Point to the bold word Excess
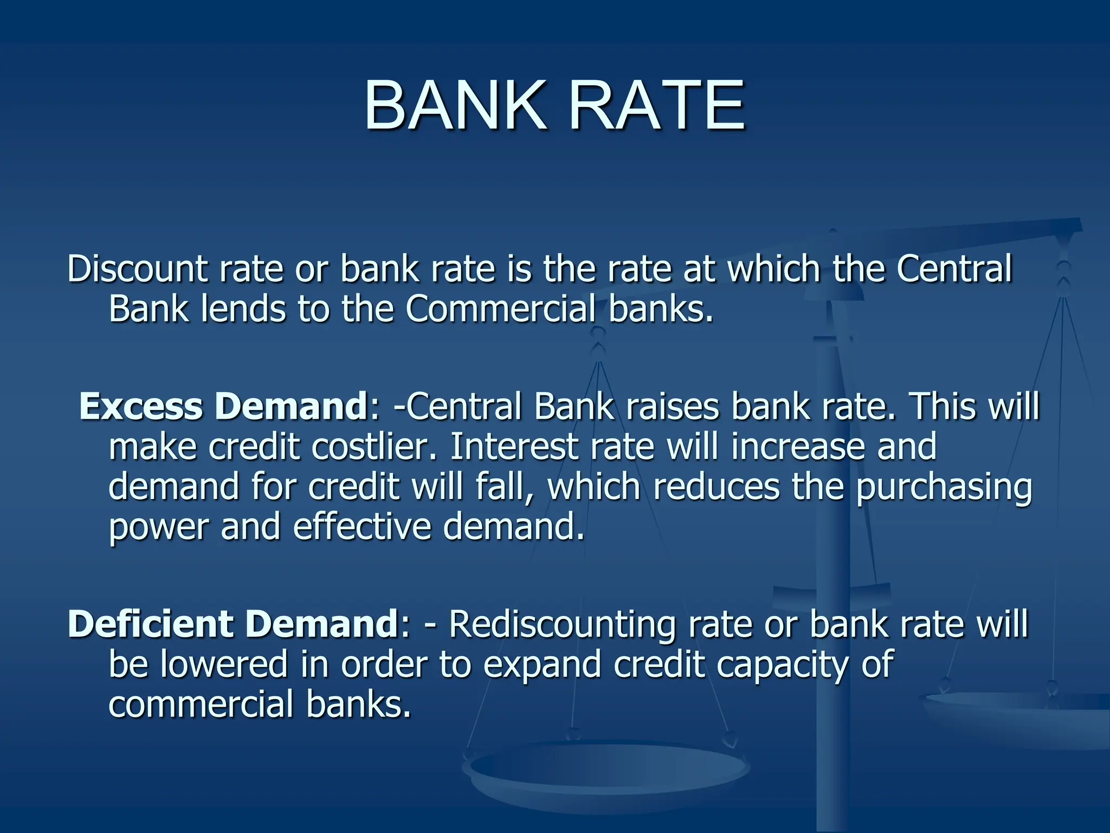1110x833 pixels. pyautogui.click(x=141, y=407)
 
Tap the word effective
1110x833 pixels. pyautogui.click(x=362, y=527)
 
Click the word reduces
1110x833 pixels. pyautogui.click(x=716, y=487)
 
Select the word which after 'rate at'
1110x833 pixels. pyautogui.click(x=773, y=269)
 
